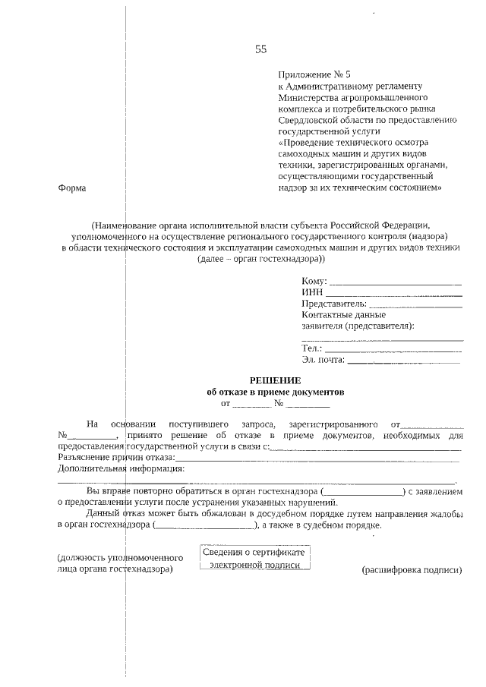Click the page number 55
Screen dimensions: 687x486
[260, 50]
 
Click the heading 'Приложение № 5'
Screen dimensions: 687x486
[315, 75]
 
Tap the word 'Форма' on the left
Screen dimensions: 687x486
[72, 188]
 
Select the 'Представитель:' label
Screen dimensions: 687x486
[333, 304]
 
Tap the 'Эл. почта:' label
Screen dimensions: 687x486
[323, 360]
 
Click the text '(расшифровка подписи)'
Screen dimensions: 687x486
[412, 570]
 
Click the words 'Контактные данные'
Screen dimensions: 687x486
[343, 314]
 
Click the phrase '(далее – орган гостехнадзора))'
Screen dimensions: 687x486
[261, 259]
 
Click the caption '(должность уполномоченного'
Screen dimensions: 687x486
[115, 559]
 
